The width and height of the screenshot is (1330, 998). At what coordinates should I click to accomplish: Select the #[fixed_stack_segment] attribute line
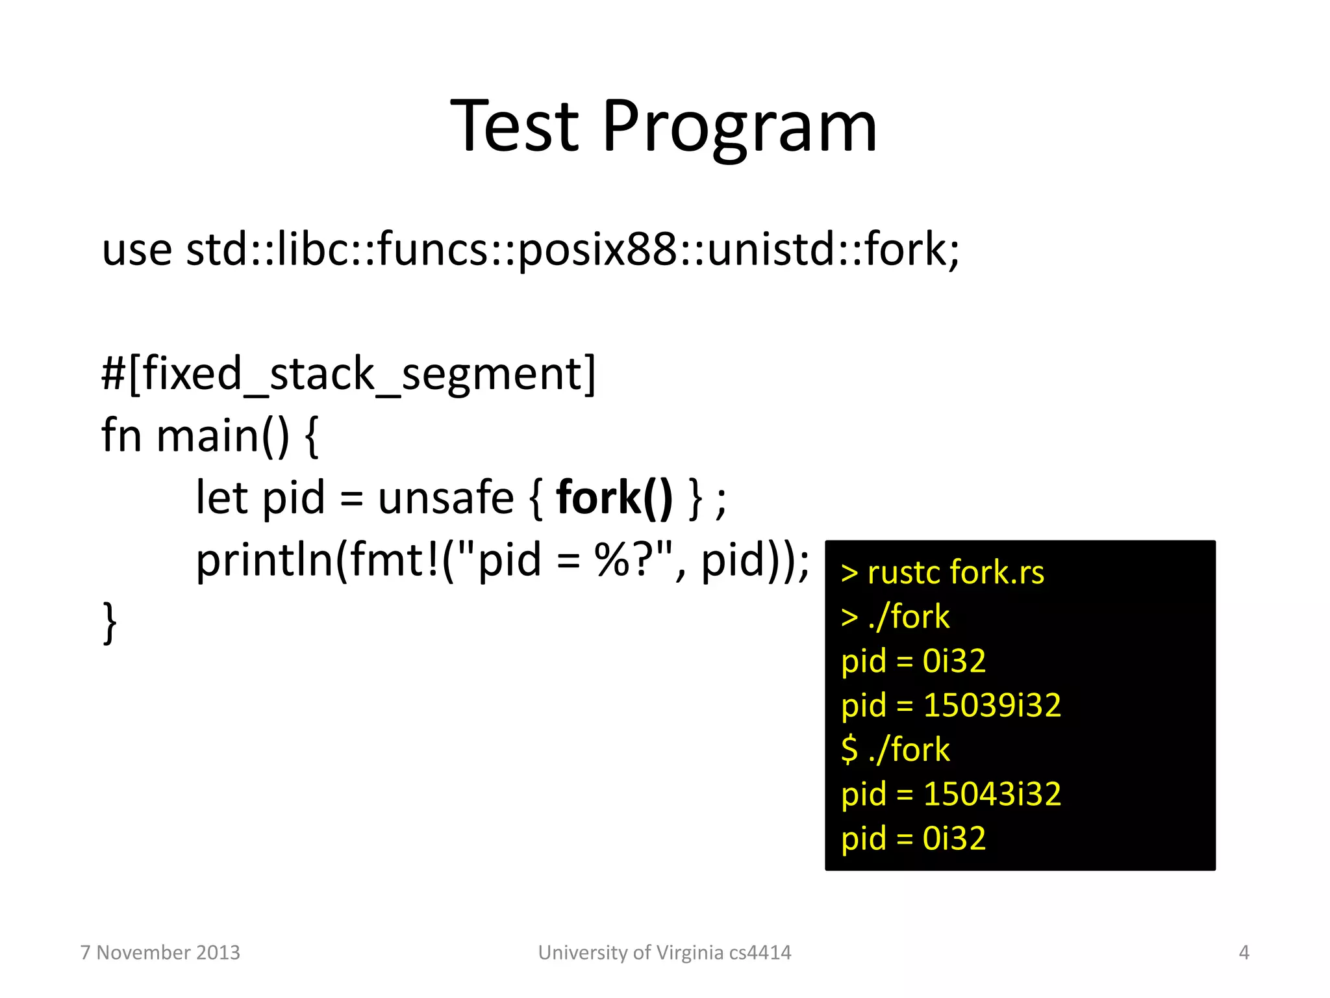(x=348, y=374)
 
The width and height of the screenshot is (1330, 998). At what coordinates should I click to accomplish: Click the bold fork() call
(x=614, y=498)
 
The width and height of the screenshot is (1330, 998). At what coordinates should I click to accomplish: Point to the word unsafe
(x=445, y=498)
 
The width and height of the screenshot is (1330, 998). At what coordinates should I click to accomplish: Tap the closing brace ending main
(x=110, y=622)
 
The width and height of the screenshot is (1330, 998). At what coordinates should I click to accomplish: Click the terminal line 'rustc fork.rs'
(x=955, y=572)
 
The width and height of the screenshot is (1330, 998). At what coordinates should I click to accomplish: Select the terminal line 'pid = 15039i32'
(x=951, y=705)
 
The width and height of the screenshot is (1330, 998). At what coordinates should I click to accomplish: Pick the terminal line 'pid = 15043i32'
(x=951, y=794)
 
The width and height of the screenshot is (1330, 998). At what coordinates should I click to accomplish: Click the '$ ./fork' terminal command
(x=895, y=750)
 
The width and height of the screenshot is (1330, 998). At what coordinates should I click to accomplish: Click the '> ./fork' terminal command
(x=895, y=617)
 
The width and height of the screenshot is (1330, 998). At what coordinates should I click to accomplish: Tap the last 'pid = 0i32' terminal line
(x=913, y=838)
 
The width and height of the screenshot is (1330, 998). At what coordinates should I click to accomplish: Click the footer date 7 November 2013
(x=160, y=953)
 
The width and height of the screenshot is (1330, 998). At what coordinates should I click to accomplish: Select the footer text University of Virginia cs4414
(x=664, y=953)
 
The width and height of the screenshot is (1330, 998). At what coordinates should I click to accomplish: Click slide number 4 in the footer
(x=1244, y=953)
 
